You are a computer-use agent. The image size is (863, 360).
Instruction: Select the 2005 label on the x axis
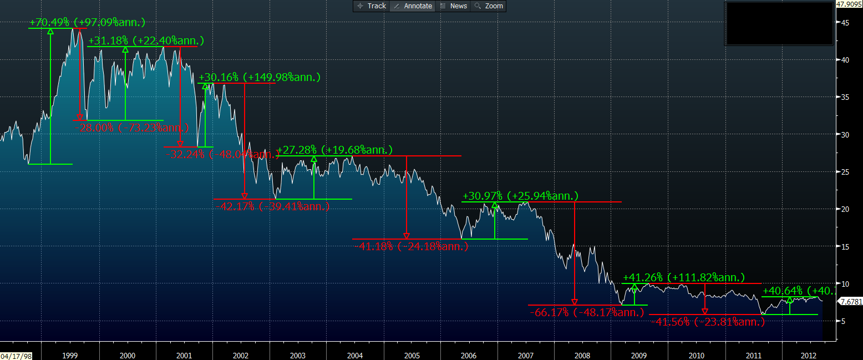[411, 355]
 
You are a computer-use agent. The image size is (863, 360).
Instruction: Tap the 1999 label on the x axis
[70, 355]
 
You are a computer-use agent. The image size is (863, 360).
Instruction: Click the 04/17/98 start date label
[16, 356]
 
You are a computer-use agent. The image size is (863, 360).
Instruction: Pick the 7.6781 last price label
[851, 302]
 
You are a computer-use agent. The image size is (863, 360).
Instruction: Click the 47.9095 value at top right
[848, 4]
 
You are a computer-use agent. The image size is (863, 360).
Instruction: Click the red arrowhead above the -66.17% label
[575, 302]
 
